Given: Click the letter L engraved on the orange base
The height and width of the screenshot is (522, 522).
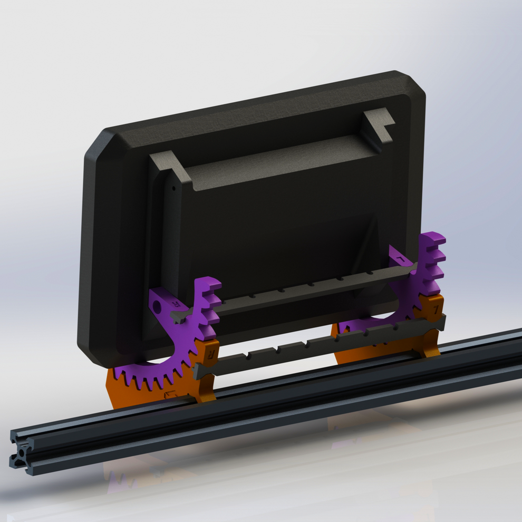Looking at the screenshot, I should pyautogui.click(x=435, y=307).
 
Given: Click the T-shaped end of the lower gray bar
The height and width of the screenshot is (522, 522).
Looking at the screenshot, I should pyautogui.click(x=201, y=370).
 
